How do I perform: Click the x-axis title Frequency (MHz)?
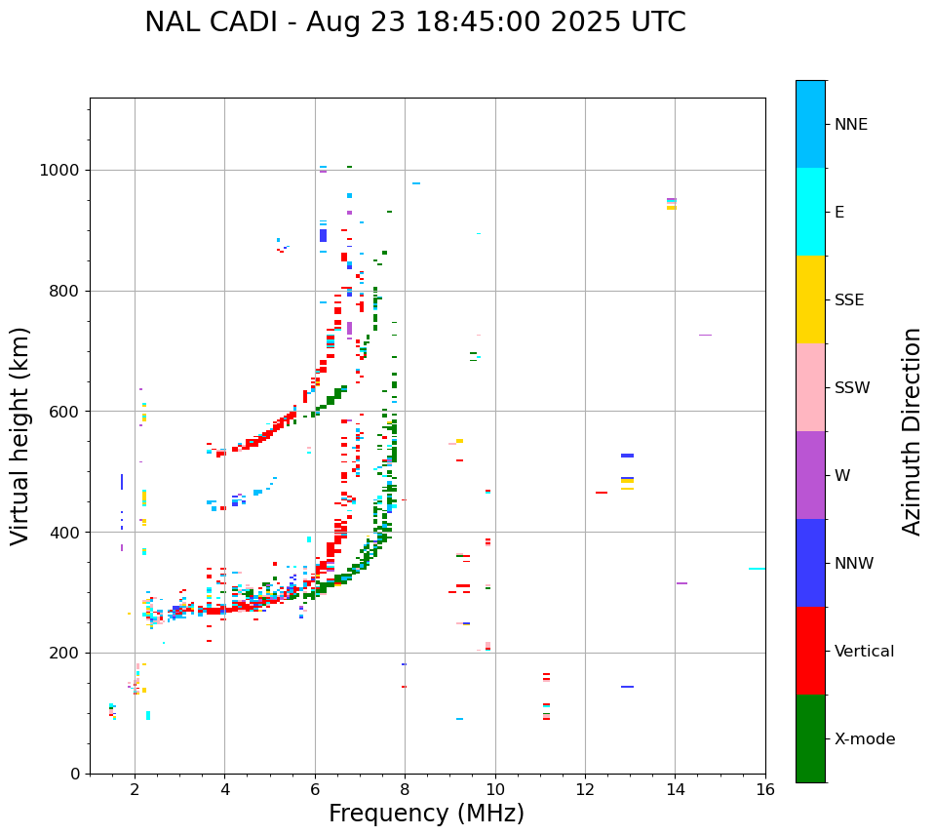click(426, 814)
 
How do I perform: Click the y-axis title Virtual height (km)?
click(21, 436)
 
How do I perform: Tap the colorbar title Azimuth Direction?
click(912, 431)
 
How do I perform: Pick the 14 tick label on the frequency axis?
click(675, 789)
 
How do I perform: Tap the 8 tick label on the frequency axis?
click(405, 789)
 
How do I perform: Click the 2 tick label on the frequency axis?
click(135, 789)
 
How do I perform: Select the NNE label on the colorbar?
click(850, 125)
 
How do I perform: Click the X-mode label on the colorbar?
click(864, 739)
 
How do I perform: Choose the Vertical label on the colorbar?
click(864, 652)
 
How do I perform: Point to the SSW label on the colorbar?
click(852, 388)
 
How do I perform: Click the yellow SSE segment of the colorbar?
click(810, 299)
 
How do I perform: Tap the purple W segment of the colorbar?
click(810, 475)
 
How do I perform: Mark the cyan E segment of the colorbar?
click(810, 212)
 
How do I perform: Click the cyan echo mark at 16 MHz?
click(757, 569)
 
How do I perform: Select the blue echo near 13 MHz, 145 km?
click(627, 687)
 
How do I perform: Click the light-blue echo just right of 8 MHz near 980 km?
click(416, 183)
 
